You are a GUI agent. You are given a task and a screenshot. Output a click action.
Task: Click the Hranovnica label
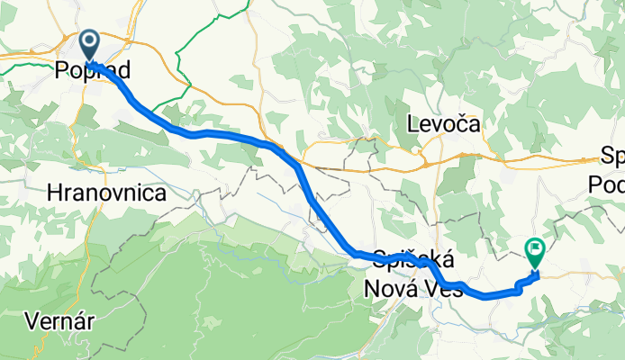point(105,193)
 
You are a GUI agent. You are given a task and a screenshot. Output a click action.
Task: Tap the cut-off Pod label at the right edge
point(607,182)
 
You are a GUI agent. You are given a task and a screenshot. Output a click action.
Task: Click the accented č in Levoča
point(485,123)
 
